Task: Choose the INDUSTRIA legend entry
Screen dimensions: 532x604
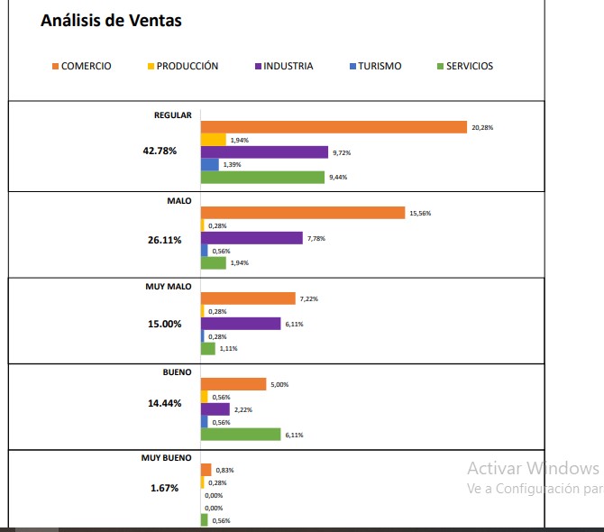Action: [x=284, y=66]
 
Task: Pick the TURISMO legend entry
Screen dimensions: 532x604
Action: [x=375, y=66]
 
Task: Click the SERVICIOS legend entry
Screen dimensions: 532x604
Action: [x=465, y=66]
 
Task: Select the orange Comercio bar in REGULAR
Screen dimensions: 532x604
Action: [x=333, y=127]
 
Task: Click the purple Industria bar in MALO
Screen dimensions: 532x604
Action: [x=252, y=238]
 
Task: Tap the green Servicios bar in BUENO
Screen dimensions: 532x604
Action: [x=240, y=435]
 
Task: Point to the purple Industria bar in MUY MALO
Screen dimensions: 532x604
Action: [x=241, y=324]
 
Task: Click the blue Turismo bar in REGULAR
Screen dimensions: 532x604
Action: [x=209, y=165]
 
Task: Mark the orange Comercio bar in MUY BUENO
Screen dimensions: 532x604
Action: [x=206, y=470]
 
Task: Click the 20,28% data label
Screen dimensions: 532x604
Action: [x=482, y=128]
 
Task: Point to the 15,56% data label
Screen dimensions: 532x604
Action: [x=420, y=214]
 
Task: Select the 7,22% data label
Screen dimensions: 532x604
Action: [x=309, y=298]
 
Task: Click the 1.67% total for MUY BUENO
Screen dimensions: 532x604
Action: [x=164, y=488]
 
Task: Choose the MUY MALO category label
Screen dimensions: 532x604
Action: [x=169, y=286]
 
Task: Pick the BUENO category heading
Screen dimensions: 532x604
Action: [x=177, y=371]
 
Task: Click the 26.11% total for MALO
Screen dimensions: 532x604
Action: [x=165, y=240]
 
